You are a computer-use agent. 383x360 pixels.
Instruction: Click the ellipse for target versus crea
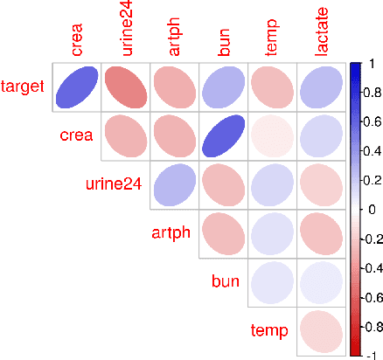coord(77,87)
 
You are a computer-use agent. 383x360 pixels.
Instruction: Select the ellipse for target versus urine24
coord(126,87)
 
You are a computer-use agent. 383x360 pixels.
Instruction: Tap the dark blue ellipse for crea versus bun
coord(224,136)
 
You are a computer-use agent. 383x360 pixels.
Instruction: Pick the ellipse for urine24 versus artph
coord(175,185)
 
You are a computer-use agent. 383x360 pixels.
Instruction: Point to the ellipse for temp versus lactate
coord(322,331)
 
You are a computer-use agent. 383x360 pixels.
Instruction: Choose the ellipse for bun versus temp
coord(273,282)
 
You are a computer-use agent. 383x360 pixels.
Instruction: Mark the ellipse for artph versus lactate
coord(322,233)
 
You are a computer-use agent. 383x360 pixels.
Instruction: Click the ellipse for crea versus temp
coord(273,136)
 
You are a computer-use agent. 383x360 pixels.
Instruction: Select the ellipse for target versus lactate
coord(322,87)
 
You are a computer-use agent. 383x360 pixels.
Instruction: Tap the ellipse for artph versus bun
coord(224,233)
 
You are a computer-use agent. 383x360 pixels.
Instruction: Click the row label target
coord(24,87)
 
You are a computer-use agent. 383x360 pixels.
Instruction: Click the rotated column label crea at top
coord(78,39)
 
